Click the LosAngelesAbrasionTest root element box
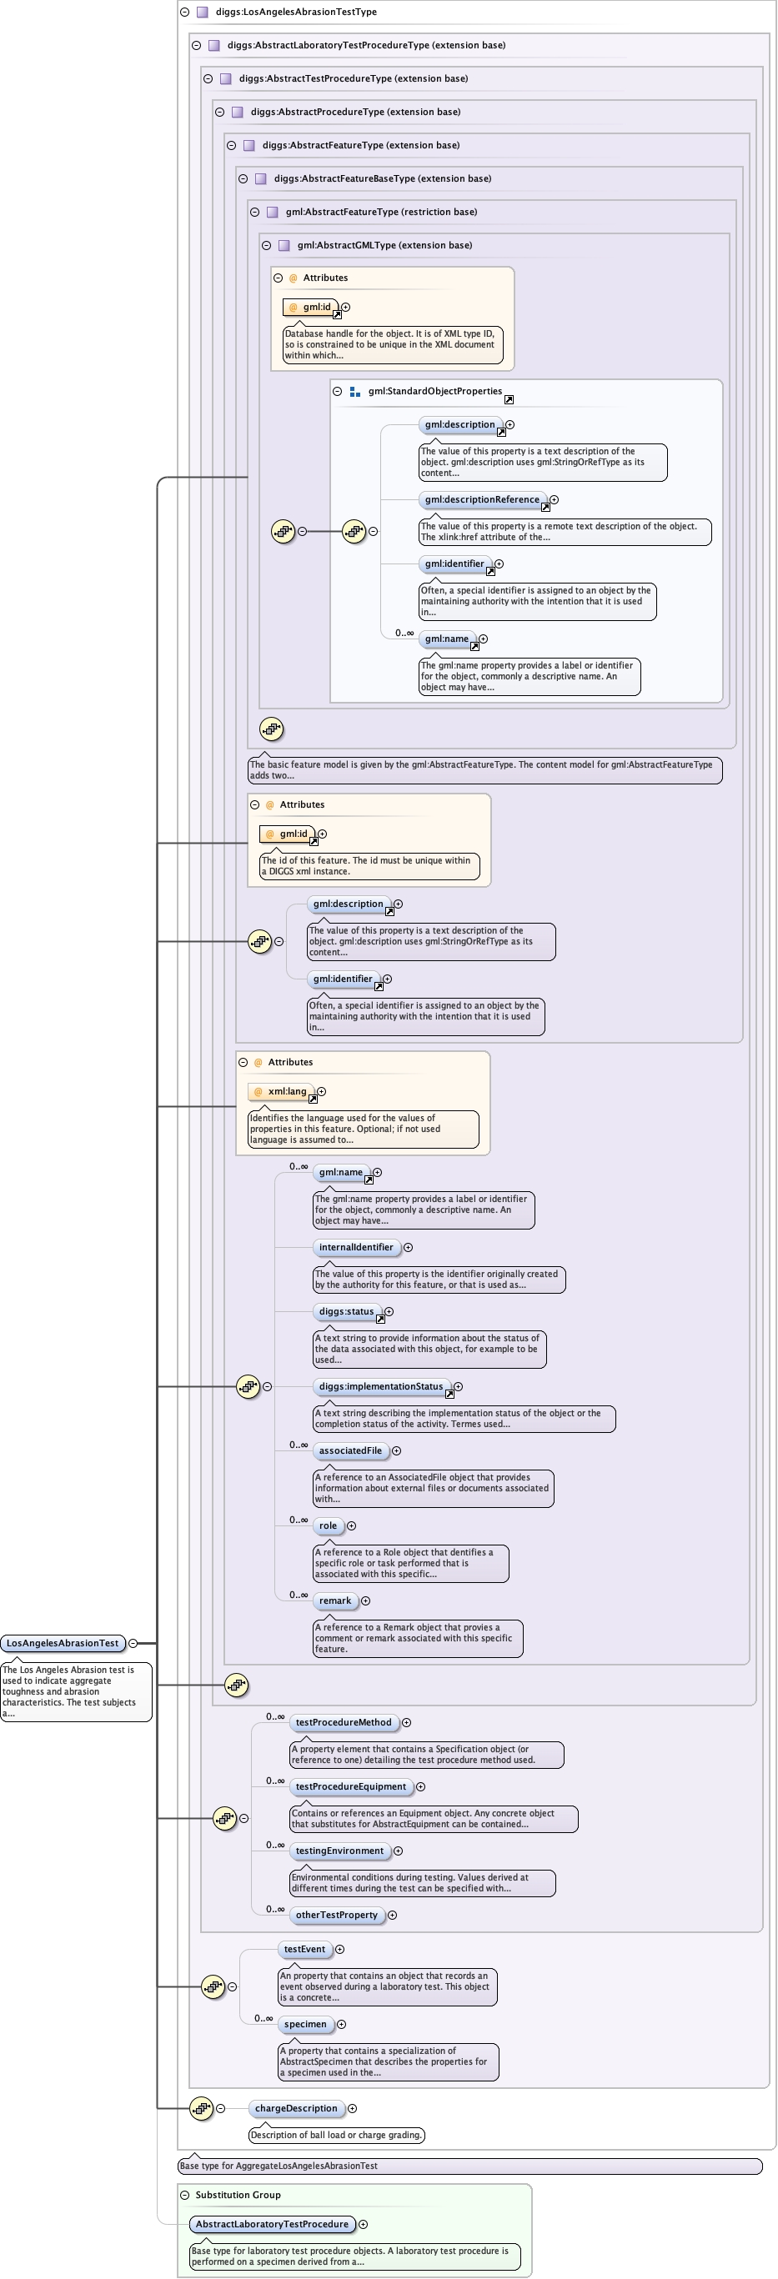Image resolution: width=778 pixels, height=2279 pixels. point(62,1643)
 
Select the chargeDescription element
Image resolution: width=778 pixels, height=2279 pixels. point(296,2108)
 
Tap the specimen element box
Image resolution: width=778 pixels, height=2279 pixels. point(305,2024)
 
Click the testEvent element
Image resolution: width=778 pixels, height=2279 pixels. point(304,1949)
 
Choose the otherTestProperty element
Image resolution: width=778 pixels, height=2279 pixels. point(336,1915)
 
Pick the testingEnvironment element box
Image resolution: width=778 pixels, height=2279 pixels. point(340,1850)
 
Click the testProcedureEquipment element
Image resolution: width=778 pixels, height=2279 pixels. point(350,1786)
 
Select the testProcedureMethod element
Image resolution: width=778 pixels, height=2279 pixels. point(344,1721)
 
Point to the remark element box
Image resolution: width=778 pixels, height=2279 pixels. point(335,1600)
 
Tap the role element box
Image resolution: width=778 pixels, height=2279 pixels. point(329,1525)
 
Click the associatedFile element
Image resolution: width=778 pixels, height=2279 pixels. point(350,1450)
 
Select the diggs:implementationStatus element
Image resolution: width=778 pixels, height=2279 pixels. point(380,1386)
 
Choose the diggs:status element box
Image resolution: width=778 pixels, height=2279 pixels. point(346,1311)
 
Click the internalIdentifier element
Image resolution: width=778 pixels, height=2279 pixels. point(356,1246)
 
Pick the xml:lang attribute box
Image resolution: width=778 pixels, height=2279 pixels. point(283,1092)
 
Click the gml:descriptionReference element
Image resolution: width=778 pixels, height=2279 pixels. point(481,500)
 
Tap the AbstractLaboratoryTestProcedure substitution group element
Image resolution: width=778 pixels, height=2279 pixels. point(272,2224)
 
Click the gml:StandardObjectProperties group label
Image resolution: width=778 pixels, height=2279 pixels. point(434,391)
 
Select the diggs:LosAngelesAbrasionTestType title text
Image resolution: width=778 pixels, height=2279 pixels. point(296,12)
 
